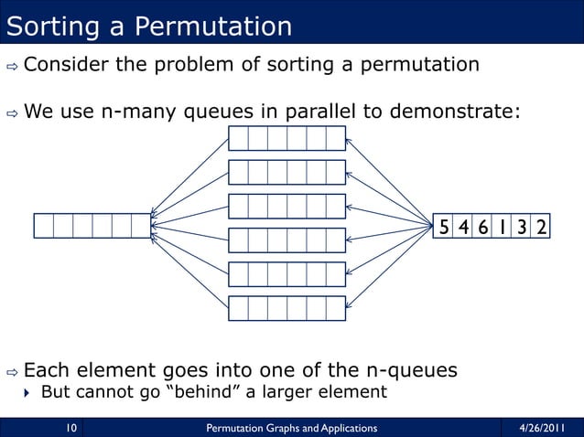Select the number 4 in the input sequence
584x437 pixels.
(464, 226)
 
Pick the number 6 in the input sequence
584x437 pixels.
(482, 226)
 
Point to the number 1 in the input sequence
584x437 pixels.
(503, 226)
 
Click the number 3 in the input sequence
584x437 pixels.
(521, 226)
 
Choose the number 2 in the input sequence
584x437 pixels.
(541, 226)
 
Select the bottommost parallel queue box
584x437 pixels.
(287, 309)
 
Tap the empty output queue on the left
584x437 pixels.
(92, 225)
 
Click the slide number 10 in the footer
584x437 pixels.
(69, 426)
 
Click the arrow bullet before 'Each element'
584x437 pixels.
(12, 372)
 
